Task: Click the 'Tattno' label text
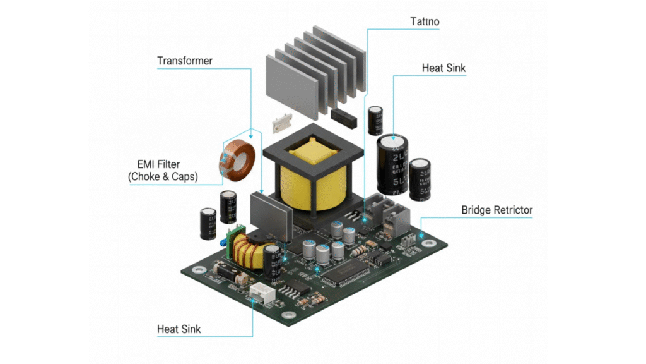425,22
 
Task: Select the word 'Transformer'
185,61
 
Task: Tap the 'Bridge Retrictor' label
496,210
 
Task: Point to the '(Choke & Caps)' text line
163,178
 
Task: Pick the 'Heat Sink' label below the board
179,329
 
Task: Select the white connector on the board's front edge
259,291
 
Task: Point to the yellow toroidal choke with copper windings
243,252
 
